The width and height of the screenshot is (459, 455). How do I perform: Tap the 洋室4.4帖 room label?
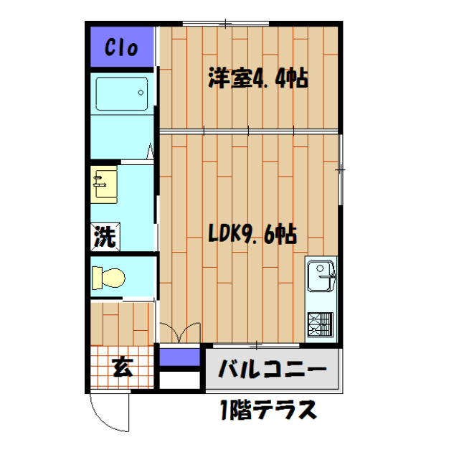[x=258, y=78]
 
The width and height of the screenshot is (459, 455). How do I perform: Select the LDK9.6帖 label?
[x=253, y=233]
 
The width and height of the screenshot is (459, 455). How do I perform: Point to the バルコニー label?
[x=272, y=370]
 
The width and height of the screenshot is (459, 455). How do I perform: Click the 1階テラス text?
[x=268, y=411]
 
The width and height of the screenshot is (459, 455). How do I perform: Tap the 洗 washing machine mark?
[x=105, y=238]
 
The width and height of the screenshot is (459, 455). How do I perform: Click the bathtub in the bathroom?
[x=121, y=93]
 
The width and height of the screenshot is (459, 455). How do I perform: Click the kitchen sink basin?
[x=319, y=276]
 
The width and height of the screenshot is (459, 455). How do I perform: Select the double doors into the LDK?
[x=179, y=334]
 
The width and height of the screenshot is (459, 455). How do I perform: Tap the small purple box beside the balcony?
[x=178, y=356]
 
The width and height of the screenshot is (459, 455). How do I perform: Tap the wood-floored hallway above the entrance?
[x=123, y=324]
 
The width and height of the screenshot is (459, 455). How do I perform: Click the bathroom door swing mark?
[x=151, y=151]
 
